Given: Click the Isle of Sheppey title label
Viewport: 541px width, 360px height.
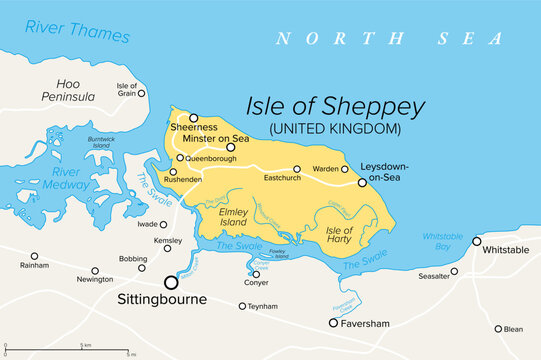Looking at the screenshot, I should tap(336, 107).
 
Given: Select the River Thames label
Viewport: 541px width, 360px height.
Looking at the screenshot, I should tap(78, 31).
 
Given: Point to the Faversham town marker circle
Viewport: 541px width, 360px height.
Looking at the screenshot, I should tap(334, 323).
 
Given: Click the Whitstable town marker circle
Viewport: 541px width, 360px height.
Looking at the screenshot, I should tap(477, 241).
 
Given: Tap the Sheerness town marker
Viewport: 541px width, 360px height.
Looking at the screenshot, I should tap(194, 118).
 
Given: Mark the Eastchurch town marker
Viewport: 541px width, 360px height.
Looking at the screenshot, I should tap(297, 169).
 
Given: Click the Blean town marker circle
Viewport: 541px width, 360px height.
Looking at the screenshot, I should tap(498, 328).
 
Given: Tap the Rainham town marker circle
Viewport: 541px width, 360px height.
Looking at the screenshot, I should tap(35, 256).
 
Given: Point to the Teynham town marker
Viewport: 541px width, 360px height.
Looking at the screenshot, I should tap(242, 306).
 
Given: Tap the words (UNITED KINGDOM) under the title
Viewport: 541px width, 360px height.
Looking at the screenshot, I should tap(336, 129).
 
